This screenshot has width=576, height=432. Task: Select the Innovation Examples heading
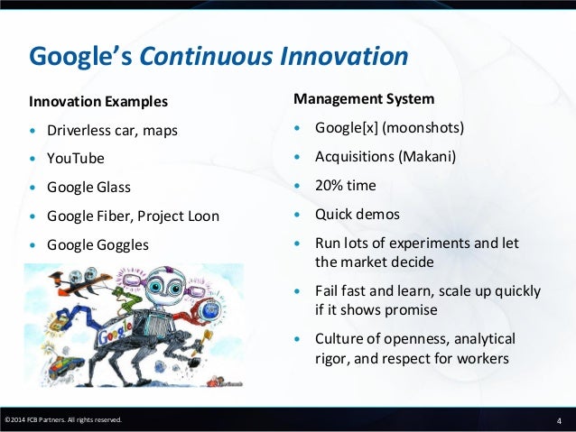[98, 99]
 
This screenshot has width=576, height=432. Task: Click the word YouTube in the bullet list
[76, 158]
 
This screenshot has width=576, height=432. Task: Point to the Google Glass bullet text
[88, 187]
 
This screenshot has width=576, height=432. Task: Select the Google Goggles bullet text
[98, 244]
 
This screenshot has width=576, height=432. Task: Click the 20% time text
[345, 186]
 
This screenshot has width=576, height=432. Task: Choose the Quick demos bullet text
[357, 215]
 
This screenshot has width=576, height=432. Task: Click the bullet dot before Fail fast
[298, 291]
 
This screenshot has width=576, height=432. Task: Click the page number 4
[560, 420]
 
